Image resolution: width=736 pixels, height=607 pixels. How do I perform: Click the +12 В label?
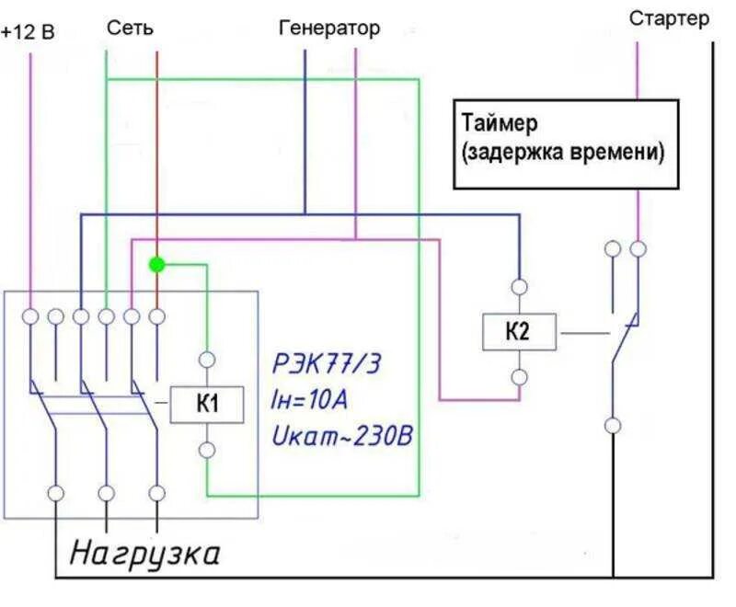click(29, 32)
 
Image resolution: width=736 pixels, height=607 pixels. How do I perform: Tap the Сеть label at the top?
click(130, 29)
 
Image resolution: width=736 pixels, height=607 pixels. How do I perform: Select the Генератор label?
click(328, 29)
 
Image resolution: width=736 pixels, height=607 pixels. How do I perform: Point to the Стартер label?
click(670, 18)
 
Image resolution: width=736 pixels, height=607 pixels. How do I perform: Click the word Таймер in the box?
click(500, 123)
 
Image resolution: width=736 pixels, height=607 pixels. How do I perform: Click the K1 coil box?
click(207, 404)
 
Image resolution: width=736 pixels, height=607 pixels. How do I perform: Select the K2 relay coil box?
click(519, 331)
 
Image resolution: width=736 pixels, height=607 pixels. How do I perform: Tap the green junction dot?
click(156, 265)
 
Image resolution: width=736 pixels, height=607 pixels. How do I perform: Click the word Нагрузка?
click(145, 555)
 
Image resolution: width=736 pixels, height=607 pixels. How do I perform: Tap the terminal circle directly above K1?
click(207, 360)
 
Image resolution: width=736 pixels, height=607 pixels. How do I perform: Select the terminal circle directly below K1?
click(207, 450)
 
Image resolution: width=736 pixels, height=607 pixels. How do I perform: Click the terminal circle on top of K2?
click(520, 287)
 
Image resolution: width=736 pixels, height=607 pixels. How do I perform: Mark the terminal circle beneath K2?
click(520, 377)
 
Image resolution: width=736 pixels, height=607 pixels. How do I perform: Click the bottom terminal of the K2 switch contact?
click(613, 426)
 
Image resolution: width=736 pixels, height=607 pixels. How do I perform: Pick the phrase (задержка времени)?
click(563, 153)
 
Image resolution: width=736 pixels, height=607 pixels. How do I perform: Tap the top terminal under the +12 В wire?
click(30, 316)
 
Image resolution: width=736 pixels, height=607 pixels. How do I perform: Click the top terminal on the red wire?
click(156, 316)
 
